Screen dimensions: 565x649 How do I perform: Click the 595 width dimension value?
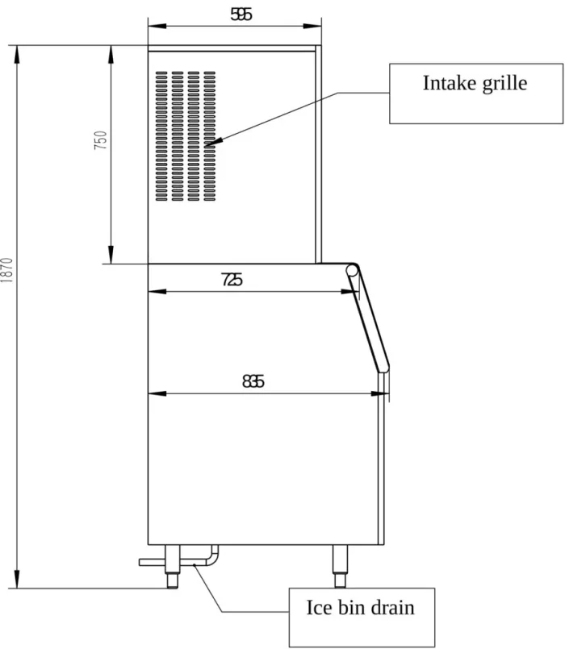(x=241, y=15)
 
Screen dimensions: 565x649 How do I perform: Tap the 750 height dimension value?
(x=101, y=140)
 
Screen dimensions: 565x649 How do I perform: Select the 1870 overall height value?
(x=7, y=270)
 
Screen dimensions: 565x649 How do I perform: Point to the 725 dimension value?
(x=232, y=280)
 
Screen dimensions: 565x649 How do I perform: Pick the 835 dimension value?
(x=253, y=381)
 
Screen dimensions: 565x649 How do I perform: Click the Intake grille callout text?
(x=475, y=84)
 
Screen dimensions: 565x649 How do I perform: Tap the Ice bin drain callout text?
(x=360, y=608)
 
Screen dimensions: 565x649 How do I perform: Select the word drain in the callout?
(x=392, y=608)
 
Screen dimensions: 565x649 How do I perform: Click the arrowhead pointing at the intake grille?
(x=214, y=142)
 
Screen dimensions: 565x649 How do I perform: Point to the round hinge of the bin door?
(x=352, y=271)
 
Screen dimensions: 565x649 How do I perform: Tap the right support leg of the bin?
(x=340, y=566)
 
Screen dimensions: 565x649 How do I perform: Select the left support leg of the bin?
(x=173, y=566)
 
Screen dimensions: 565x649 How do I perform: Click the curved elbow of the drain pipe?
(x=212, y=558)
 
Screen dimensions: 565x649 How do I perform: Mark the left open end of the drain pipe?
(x=140, y=562)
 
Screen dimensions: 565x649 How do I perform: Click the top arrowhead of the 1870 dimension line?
(x=17, y=54)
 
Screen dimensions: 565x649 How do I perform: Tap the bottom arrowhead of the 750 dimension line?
(x=111, y=255)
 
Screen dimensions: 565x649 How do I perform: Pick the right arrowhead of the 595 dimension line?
(x=312, y=26)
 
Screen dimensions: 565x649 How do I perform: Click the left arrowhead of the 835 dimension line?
(x=157, y=393)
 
